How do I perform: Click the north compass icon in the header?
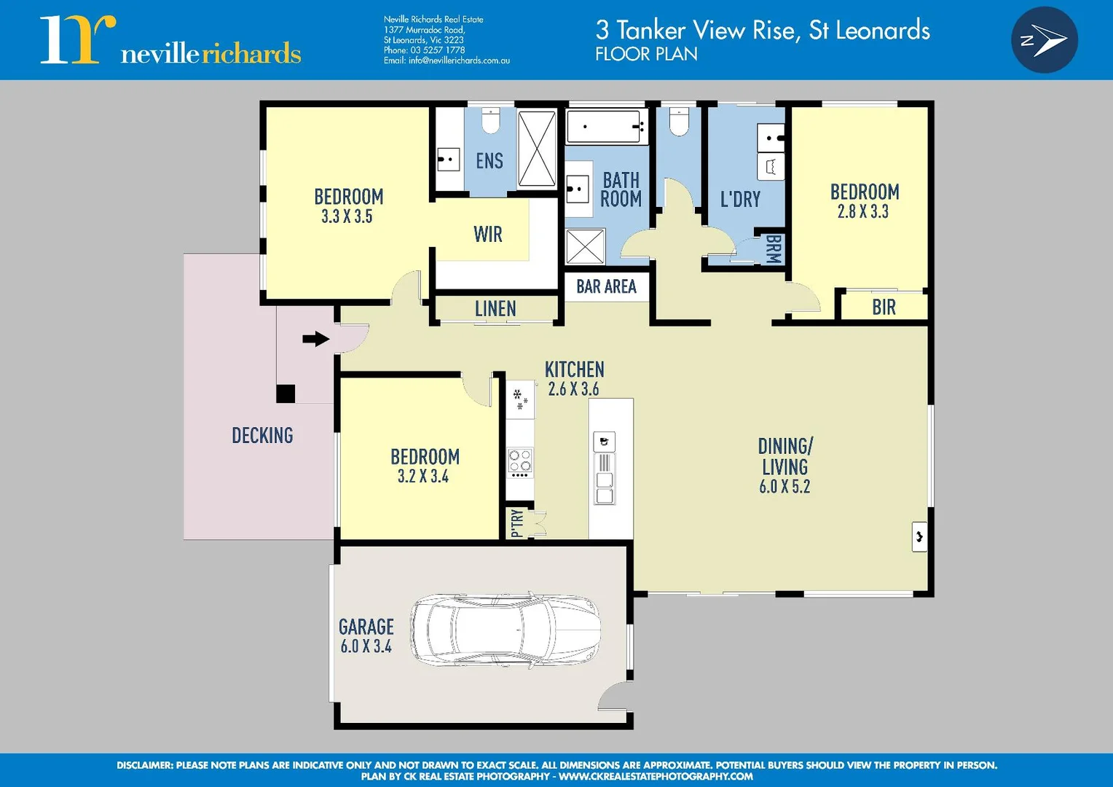click(1044, 40)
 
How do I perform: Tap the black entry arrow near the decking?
click(315, 339)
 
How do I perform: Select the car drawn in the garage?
click(506, 629)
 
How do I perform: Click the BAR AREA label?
click(606, 286)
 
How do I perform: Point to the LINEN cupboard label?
click(495, 309)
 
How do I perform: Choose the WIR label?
click(487, 235)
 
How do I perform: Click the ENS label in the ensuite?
click(489, 161)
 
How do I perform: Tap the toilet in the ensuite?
click(490, 121)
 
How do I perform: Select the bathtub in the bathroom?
click(606, 127)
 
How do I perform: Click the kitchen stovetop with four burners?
click(520, 462)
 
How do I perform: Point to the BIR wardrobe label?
click(884, 308)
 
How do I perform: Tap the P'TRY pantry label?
click(517, 522)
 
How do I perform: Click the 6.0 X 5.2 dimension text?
click(784, 487)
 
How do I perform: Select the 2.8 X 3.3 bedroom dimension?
click(863, 212)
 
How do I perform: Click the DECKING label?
click(262, 436)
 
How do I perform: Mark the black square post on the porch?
click(286, 393)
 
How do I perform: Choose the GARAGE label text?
click(366, 627)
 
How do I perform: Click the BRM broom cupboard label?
click(773, 249)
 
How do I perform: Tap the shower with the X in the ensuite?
click(537, 149)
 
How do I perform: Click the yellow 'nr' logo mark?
click(77, 40)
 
